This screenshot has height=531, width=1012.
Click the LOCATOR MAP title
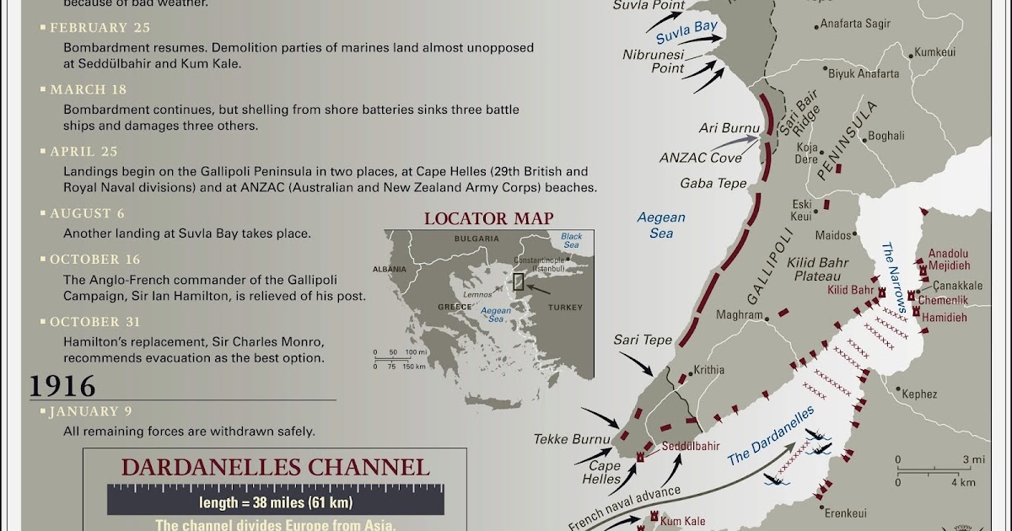(488, 219)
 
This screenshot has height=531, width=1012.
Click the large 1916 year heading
(62, 385)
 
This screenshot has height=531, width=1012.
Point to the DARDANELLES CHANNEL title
(275, 467)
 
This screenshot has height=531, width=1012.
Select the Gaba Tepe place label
(713, 183)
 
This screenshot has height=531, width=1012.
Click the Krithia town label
(708, 370)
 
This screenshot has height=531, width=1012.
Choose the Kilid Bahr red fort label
(850, 290)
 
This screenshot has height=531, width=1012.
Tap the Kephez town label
(919, 394)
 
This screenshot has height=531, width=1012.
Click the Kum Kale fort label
(683, 522)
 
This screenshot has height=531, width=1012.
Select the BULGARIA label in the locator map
(476, 239)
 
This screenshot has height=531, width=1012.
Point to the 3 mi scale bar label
(973, 459)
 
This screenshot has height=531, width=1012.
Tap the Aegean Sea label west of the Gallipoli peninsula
(661, 225)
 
